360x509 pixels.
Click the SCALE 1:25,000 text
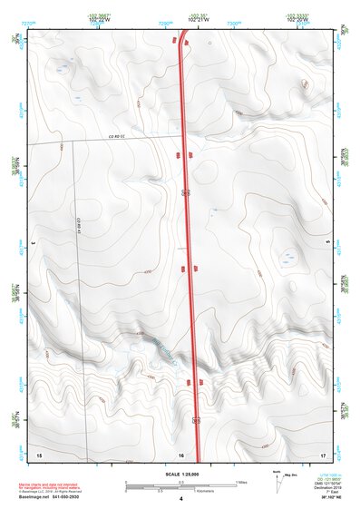(180, 475)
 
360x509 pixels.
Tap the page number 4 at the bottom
(181, 499)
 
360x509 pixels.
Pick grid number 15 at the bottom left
(38, 454)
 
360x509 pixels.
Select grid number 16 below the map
(181, 454)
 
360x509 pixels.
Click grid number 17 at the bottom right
(323, 454)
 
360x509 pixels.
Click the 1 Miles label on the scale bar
(239, 481)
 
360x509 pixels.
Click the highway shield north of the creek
(186, 193)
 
